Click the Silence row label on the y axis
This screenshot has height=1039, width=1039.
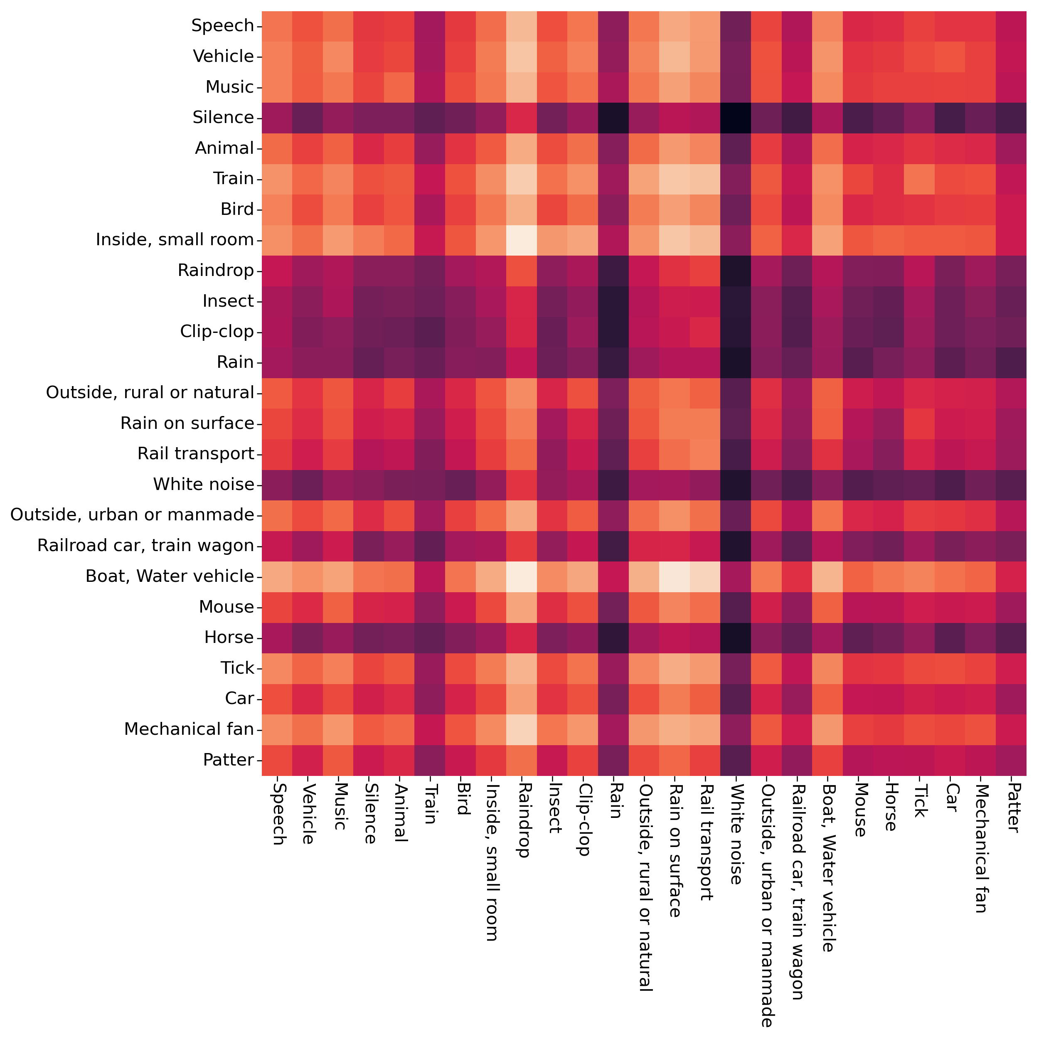(x=223, y=117)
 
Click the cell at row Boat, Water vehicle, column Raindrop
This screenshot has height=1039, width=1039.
(x=522, y=576)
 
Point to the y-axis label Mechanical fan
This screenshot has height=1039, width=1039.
(x=189, y=729)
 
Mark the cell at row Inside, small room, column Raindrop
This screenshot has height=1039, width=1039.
(x=522, y=240)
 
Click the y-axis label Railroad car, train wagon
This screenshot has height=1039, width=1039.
(x=145, y=545)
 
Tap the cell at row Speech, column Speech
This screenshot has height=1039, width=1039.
(x=277, y=26)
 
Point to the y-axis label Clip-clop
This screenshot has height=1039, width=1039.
(x=217, y=331)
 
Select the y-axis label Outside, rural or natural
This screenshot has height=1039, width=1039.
(x=150, y=393)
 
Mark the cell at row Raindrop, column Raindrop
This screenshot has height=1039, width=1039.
(x=522, y=271)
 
